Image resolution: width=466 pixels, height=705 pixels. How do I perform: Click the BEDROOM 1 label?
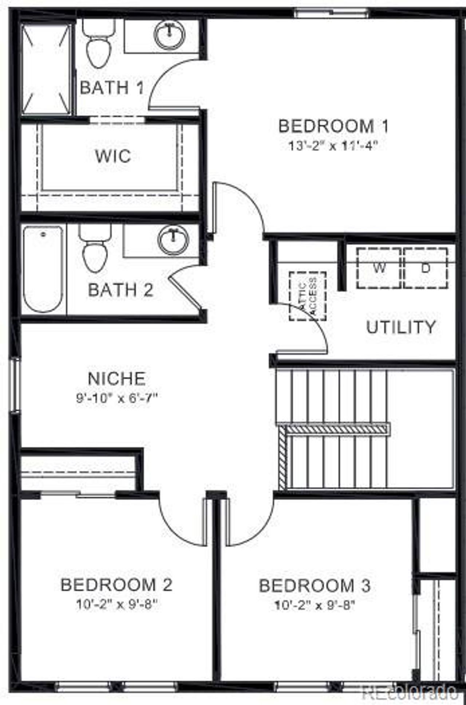point(333,126)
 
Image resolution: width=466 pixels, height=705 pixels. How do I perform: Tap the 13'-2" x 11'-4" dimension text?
point(332,146)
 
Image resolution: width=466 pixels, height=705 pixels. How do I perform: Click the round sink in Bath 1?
point(170,34)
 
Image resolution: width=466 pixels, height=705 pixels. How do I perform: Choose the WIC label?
point(113,156)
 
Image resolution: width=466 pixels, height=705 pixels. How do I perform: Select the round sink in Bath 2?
point(174,239)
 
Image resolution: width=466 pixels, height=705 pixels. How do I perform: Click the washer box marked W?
point(379,268)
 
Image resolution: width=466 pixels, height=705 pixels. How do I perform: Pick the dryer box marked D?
point(426,268)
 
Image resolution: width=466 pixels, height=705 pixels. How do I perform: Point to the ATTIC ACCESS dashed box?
point(308,296)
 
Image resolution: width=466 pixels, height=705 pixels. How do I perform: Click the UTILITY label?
point(401,327)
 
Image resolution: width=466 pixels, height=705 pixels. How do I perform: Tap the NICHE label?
point(116,379)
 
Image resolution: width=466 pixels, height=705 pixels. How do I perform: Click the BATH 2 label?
point(121,290)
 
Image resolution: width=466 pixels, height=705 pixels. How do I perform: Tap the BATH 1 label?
point(112,88)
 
